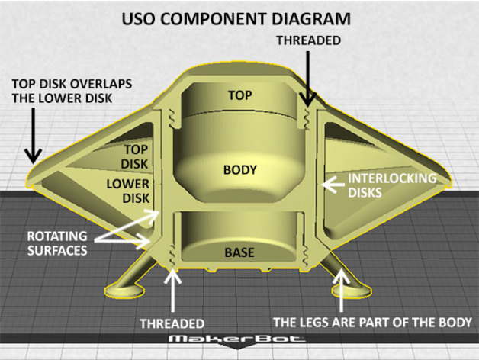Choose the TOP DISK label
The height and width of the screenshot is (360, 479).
(137, 156)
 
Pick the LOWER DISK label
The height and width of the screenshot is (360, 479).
(127, 191)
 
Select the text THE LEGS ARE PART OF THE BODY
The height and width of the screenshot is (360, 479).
(372, 322)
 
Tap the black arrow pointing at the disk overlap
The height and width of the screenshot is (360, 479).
(32, 137)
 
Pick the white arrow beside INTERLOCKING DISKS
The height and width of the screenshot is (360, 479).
(333, 183)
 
